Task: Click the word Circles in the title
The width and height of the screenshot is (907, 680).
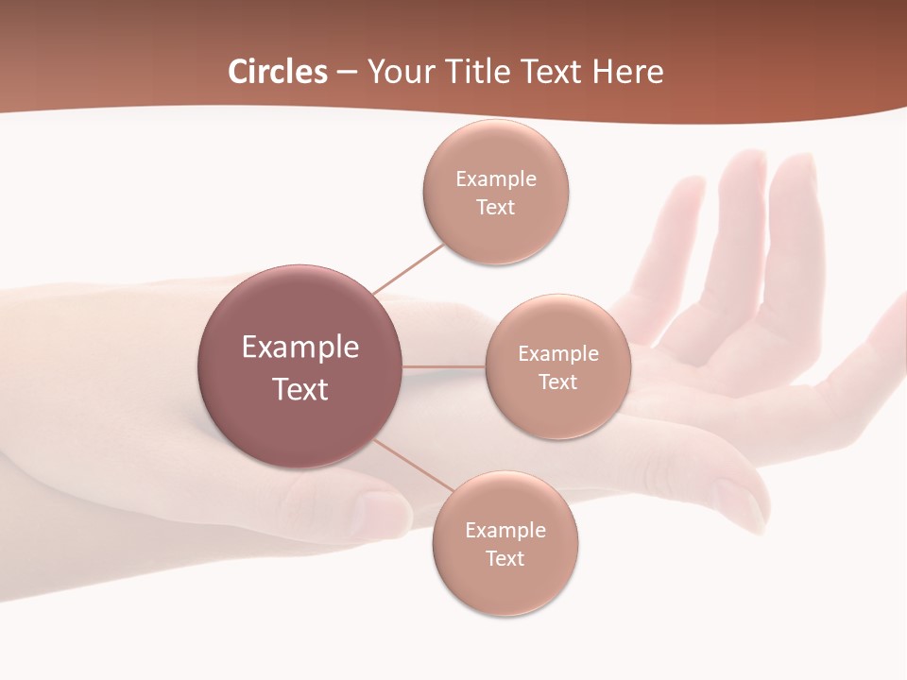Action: tap(278, 72)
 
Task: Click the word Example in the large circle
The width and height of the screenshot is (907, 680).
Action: tap(300, 347)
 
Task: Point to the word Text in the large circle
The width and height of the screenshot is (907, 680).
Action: tap(300, 389)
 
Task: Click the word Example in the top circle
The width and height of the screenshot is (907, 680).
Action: tap(495, 179)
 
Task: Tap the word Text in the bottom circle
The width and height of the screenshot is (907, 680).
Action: tap(505, 558)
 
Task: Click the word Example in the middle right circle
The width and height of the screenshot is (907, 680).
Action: tap(557, 354)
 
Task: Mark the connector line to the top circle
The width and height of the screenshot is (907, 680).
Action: tap(408, 268)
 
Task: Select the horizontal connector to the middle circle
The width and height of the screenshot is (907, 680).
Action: tap(443, 365)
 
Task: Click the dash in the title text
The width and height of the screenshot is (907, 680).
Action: tap(347, 73)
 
